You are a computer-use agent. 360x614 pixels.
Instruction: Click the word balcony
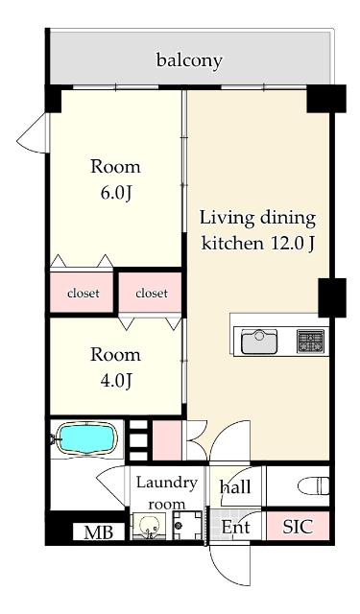[189, 60]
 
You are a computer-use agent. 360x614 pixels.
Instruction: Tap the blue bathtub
[86, 438]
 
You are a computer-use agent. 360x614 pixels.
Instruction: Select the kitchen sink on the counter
[259, 342]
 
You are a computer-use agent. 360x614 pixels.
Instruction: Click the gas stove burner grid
[311, 342]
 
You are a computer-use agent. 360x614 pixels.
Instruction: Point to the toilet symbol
[313, 485]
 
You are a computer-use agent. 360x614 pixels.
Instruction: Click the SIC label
[299, 527]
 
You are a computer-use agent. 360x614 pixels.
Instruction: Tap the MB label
[99, 532]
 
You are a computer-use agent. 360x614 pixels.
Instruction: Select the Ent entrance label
[235, 527]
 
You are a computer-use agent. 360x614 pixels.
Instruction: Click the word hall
[236, 486]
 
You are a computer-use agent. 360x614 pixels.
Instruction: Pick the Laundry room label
[166, 493]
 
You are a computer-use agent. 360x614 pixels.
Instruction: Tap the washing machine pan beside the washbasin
[187, 525]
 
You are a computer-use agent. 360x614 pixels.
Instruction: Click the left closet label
[84, 293]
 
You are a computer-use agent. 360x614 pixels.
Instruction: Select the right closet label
[152, 293]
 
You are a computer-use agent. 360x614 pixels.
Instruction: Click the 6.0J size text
[115, 193]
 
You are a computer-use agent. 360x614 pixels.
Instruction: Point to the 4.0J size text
[115, 381]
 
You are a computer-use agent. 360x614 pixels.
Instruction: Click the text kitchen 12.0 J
[257, 244]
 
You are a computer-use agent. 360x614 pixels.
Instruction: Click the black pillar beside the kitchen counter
[332, 297]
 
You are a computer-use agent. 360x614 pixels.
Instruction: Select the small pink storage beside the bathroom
[167, 440]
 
